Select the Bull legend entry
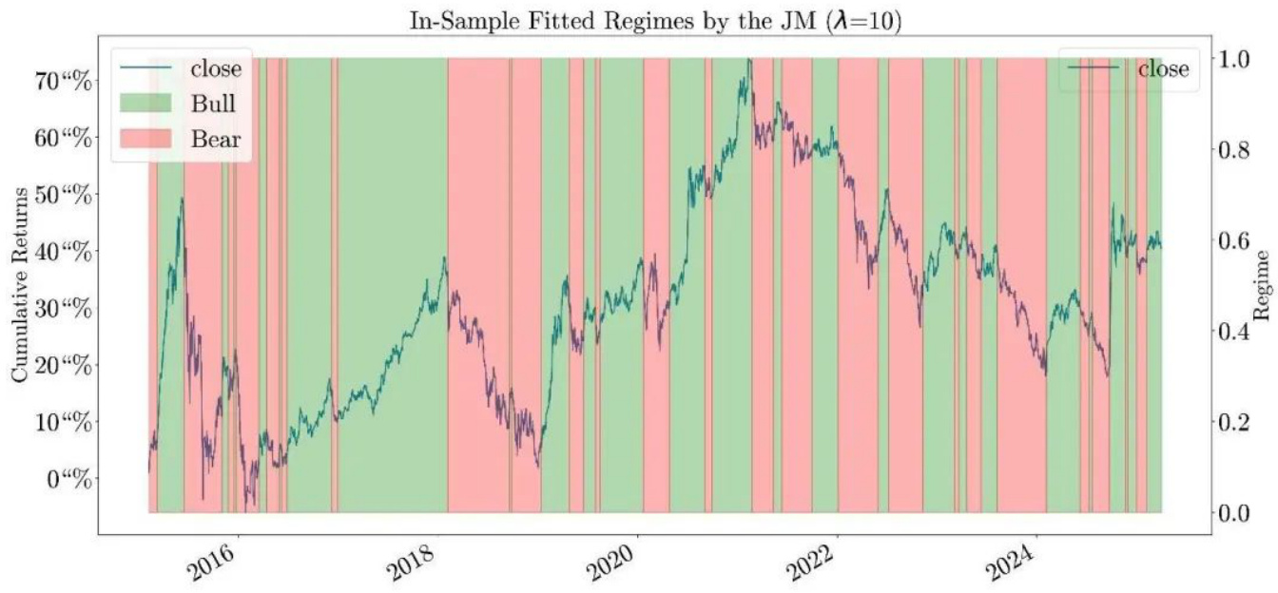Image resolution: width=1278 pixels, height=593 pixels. [x=213, y=103]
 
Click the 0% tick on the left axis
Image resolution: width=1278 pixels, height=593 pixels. [x=70, y=477]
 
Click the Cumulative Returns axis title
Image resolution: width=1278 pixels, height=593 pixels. [x=20, y=285]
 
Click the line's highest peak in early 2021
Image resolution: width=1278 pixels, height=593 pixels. [x=749, y=60]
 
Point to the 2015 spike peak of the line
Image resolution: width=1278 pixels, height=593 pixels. [x=182, y=199]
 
